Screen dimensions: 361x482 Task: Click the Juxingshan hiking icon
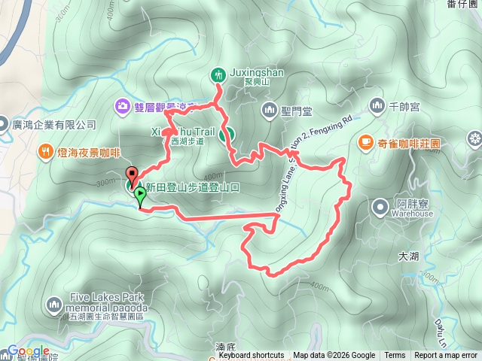[218, 74]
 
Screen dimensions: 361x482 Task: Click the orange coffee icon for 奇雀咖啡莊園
[365, 141]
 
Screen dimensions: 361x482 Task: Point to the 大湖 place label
[407, 256]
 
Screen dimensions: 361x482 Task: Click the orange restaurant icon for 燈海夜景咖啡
[46, 151]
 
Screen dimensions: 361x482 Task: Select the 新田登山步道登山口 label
[192, 187]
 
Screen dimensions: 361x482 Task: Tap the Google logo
[28, 351]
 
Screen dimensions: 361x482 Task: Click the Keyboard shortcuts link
[251, 356]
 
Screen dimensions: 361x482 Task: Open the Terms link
[395, 356]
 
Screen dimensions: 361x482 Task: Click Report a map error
[446, 356]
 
